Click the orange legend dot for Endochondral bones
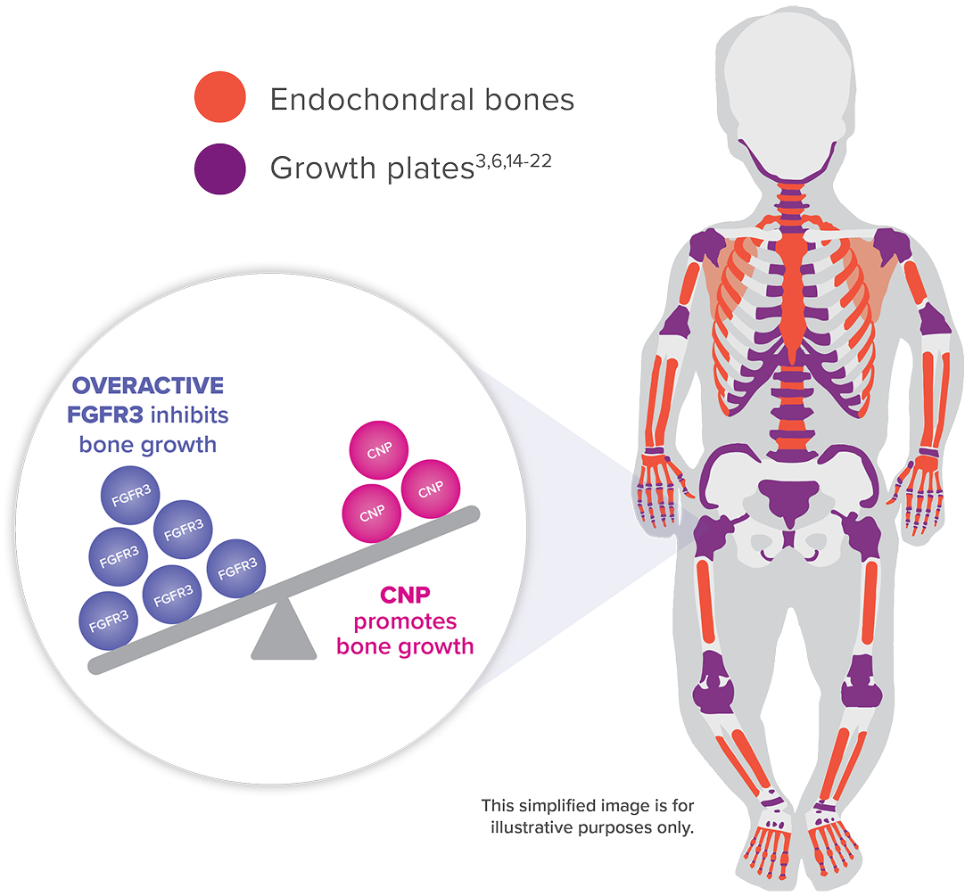(219, 97)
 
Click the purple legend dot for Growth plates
(219, 167)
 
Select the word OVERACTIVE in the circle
(148, 387)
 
